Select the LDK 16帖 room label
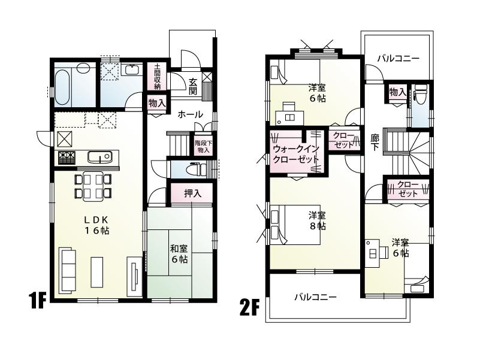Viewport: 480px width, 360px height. coord(95,225)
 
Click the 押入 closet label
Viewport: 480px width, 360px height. coord(191,193)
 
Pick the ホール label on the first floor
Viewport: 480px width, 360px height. coord(191,114)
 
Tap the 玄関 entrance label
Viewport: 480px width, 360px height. coord(193,86)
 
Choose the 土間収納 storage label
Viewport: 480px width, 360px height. coord(157,77)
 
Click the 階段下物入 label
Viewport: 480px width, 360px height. coord(202,146)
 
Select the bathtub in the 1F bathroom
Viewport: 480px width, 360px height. coord(63,86)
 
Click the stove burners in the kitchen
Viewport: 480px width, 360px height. coord(66,158)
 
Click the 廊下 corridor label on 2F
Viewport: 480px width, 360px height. coord(375,143)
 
